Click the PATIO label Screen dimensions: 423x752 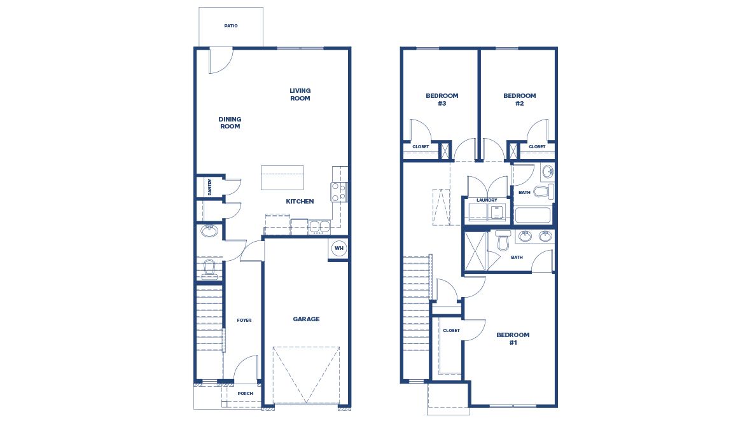(x=231, y=26)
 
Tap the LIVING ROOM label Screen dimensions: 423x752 (x=300, y=95)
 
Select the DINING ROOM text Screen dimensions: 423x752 (x=230, y=123)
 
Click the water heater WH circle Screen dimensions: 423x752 (x=338, y=248)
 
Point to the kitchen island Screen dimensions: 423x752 (x=282, y=177)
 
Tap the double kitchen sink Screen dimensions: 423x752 (x=319, y=226)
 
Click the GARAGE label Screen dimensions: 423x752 (x=306, y=319)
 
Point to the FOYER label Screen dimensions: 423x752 (x=244, y=321)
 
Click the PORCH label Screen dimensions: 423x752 (x=245, y=394)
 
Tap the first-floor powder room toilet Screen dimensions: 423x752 (x=209, y=270)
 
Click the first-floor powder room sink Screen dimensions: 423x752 (x=209, y=231)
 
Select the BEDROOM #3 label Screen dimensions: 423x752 (x=442, y=99)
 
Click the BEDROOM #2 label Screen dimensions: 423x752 (x=520, y=99)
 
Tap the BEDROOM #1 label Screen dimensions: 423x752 (x=513, y=338)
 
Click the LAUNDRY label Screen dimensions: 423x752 (x=487, y=200)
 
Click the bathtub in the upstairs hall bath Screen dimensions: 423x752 (x=533, y=214)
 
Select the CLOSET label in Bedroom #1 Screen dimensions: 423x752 (x=451, y=331)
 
